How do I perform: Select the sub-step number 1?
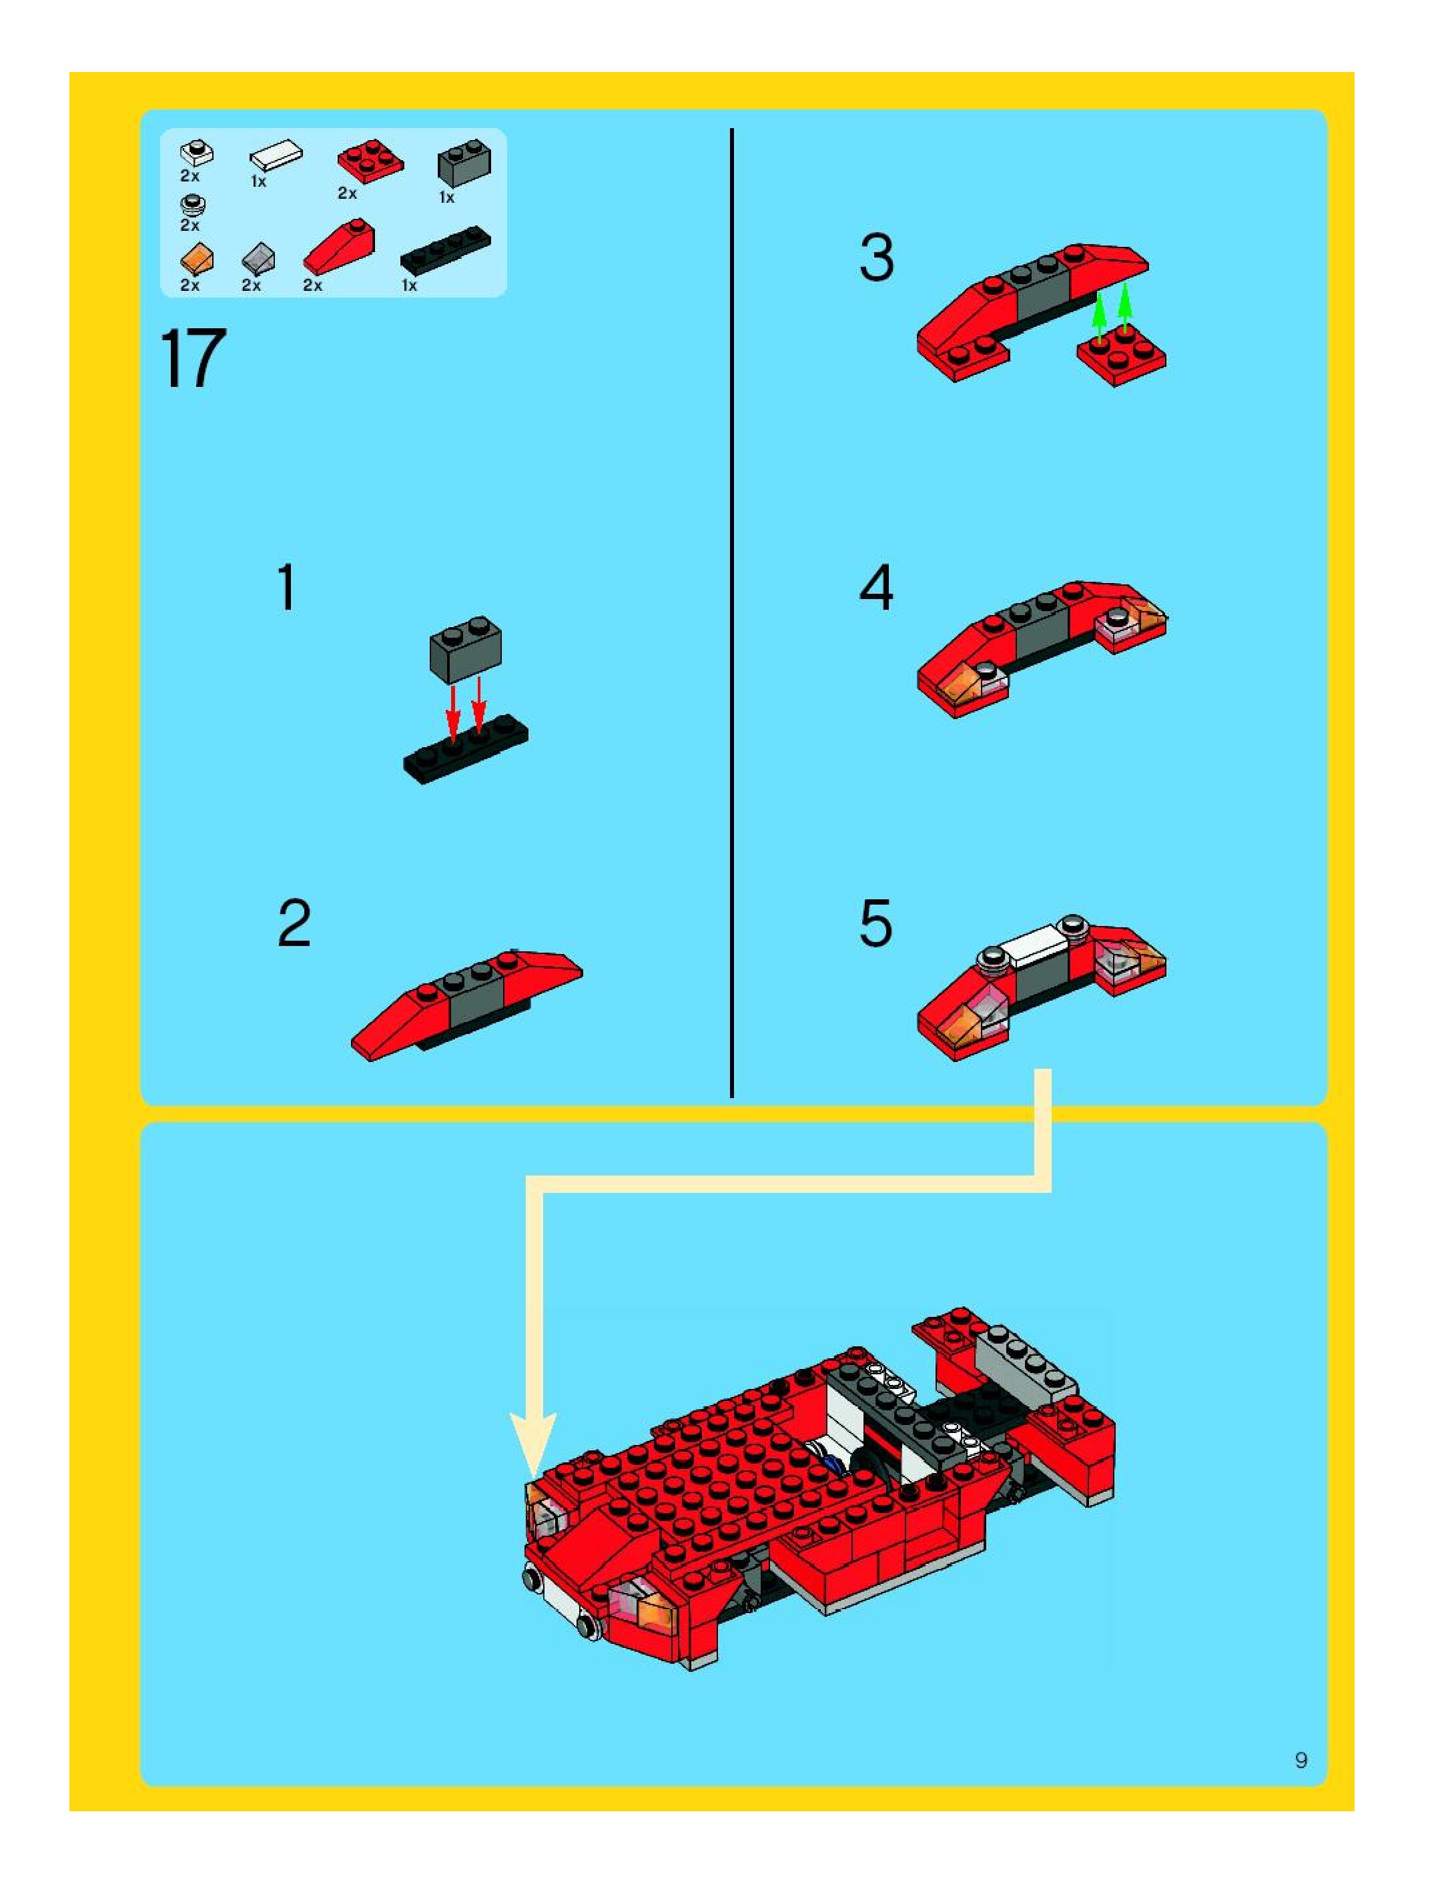pyautogui.click(x=287, y=587)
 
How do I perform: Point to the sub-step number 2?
pyautogui.click(x=294, y=923)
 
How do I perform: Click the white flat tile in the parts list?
pyautogui.click(x=276, y=157)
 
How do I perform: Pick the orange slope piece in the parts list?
pyautogui.click(x=196, y=260)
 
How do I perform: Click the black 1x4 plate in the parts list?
pyautogui.click(x=446, y=250)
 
